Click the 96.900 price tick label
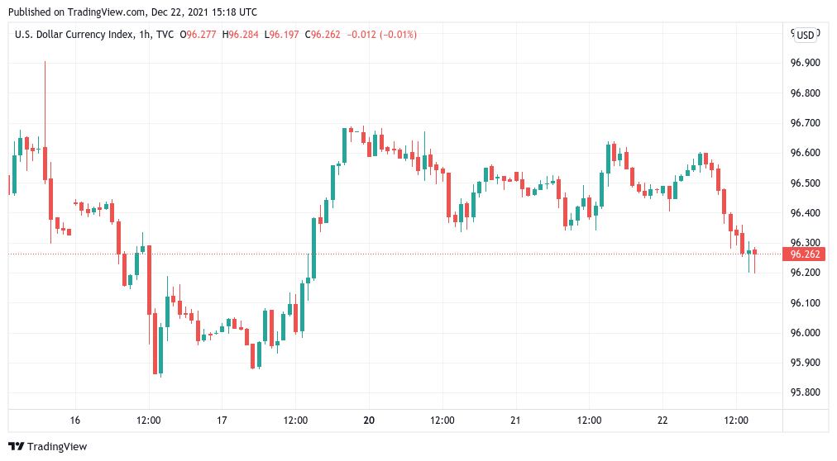(805, 63)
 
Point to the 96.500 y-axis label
(805, 183)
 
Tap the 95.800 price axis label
(805, 392)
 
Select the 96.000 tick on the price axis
(805, 333)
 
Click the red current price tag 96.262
(805, 254)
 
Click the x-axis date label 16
(75, 421)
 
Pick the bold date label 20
(369, 421)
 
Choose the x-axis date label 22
(662, 421)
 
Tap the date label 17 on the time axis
(222, 421)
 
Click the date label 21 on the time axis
(515, 421)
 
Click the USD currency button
(806, 35)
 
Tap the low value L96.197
(282, 35)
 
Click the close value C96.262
(324, 35)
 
